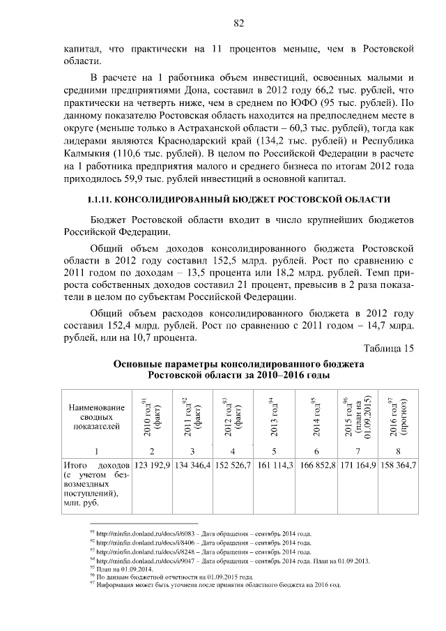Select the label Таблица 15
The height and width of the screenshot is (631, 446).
click(389, 349)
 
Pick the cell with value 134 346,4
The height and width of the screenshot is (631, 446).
click(193, 464)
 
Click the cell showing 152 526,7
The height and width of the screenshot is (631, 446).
click(233, 464)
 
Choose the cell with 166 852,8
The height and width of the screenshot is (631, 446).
click(318, 464)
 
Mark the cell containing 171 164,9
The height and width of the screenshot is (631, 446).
click(357, 464)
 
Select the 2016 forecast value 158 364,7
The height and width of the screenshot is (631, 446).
click(396, 464)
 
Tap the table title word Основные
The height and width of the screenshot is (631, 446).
click(139, 364)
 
